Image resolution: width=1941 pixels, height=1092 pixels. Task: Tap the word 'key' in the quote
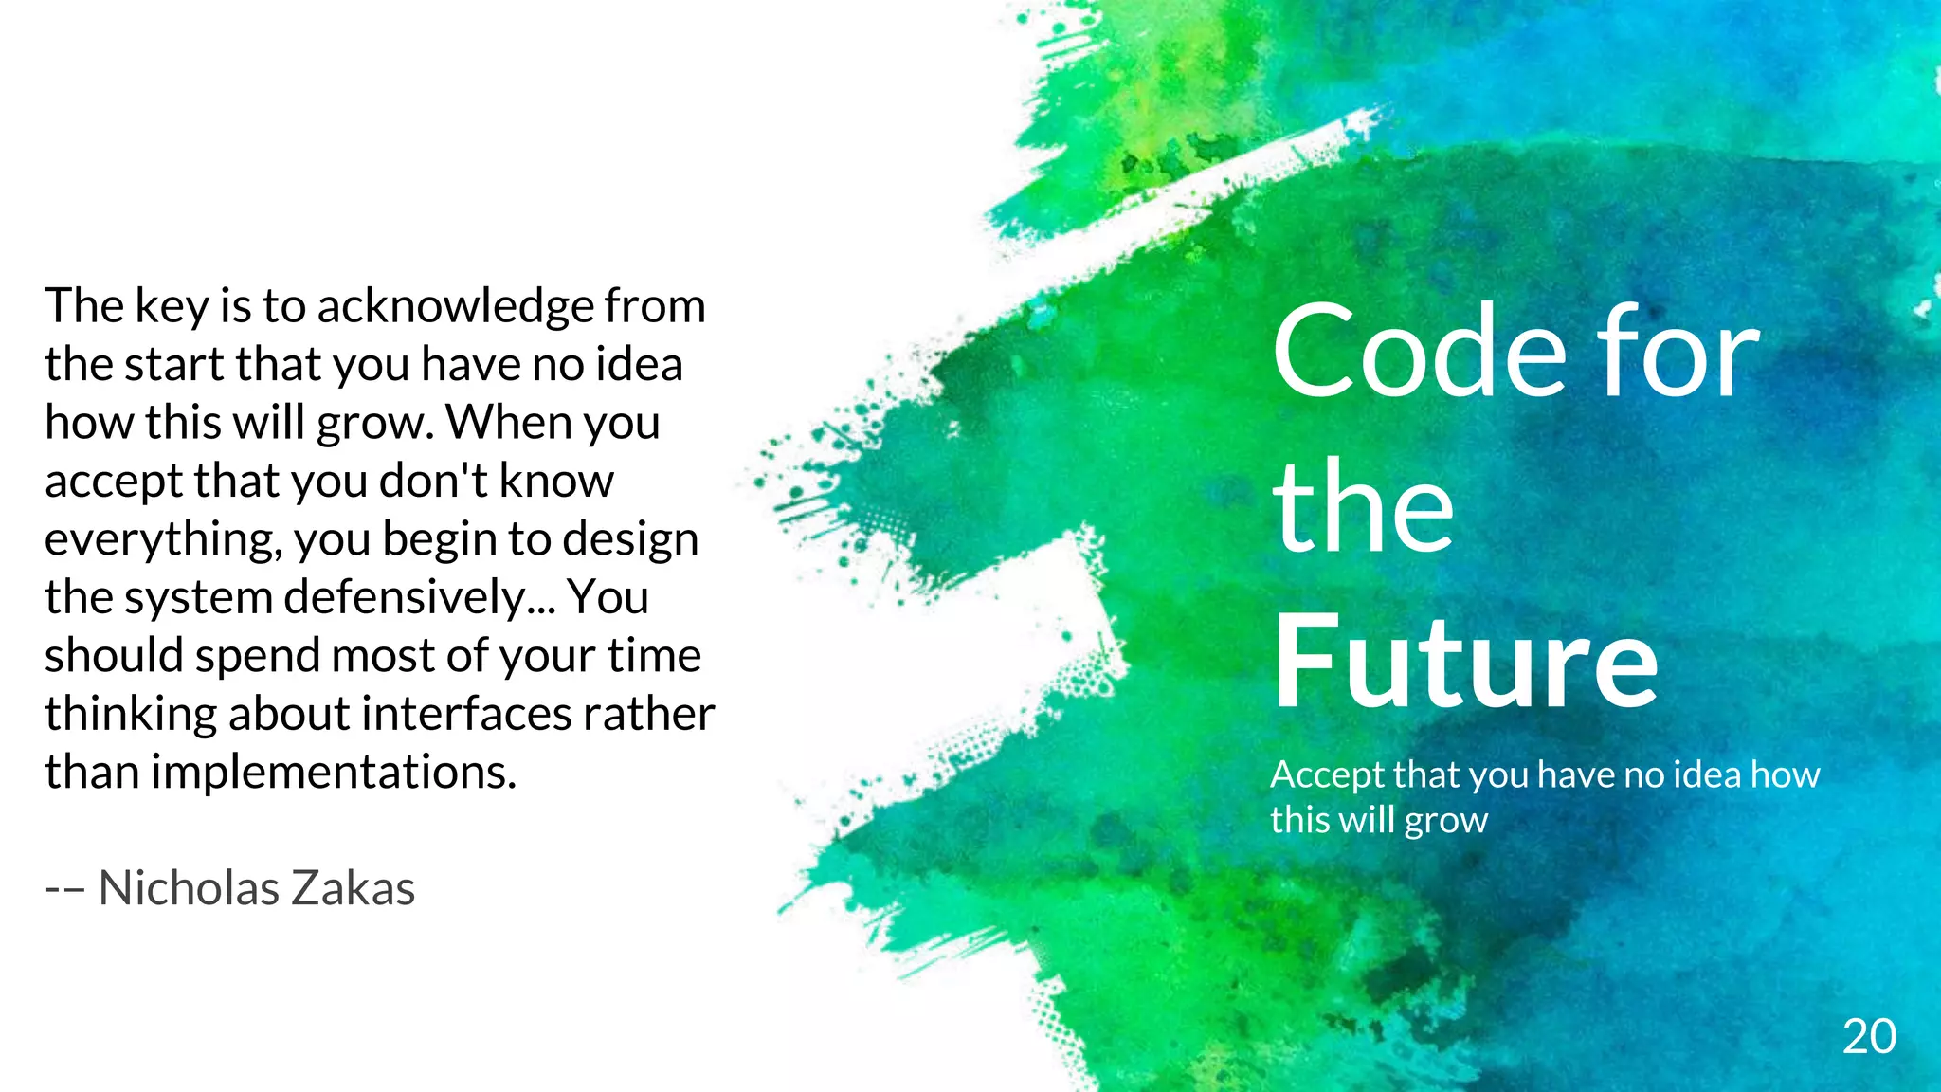pyautogui.click(x=172, y=307)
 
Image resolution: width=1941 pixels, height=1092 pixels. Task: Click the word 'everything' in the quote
pyautogui.click(x=163, y=540)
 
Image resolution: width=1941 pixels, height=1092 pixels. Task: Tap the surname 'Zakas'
pyautogui.click(x=353, y=888)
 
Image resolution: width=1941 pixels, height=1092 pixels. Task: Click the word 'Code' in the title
pyautogui.click(x=1419, y=353)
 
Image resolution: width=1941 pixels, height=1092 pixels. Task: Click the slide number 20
pyautogui.click(x=1869, y=1037)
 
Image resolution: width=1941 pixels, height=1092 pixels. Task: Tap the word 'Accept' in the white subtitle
pyautogui.click(x=1320, y=775)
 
